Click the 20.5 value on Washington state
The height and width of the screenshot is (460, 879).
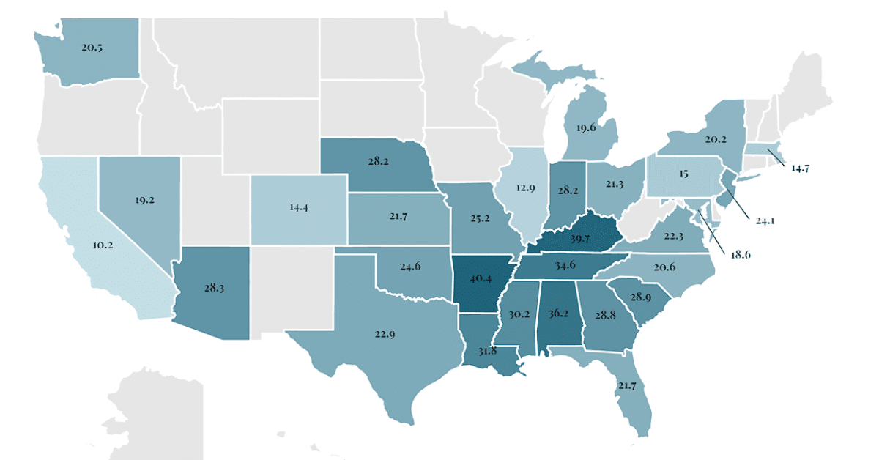[x=92, y=46]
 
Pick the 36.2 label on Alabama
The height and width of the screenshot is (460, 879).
[x=558, y=313]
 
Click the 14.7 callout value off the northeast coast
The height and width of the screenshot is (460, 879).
[x=801, y=168]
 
